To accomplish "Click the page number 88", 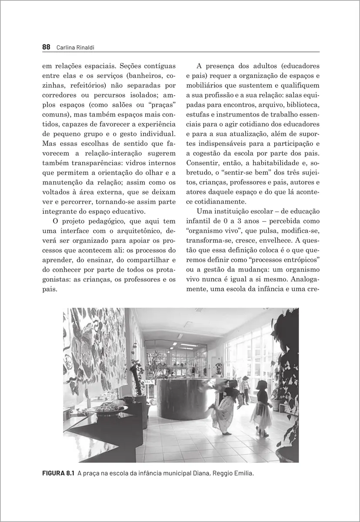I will pyautogui.click(x=47, y=47).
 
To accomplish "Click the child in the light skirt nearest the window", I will pyautogui.click(x=262, y=407).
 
